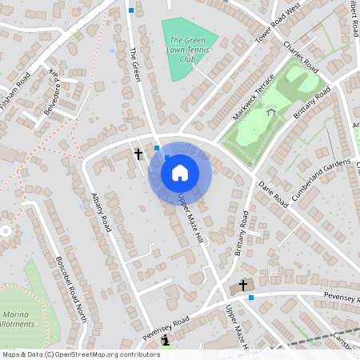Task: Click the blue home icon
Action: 180,172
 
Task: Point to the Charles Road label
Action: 302,58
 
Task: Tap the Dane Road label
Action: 273,194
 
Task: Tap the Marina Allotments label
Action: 15,319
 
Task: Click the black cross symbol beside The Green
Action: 138,152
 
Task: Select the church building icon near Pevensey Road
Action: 244,285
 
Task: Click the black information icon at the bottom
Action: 166,341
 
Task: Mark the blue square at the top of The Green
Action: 131,10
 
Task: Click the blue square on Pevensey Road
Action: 251,298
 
